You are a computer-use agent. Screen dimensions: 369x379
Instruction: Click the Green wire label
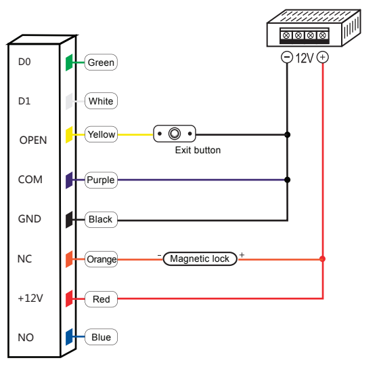[101, 62]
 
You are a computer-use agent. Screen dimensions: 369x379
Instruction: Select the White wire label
[101, 102]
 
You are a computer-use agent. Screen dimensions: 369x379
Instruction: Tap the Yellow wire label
[101, 134]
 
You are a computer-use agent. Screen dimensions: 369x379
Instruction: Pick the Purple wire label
[100, 180]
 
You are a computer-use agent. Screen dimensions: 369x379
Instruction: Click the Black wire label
[100, 220]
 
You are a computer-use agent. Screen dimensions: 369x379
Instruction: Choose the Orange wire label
[101, 259]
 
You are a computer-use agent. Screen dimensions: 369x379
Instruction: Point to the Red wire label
[100, 298]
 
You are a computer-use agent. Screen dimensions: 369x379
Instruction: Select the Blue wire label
[100, 337]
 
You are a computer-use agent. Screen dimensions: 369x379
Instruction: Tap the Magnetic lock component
[200, 259]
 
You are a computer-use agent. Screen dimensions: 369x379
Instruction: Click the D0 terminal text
[25, 62]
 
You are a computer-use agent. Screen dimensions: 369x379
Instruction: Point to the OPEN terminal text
[33, 140]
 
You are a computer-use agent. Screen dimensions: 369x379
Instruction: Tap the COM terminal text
[30, 180]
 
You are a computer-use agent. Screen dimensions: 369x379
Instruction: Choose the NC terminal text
[25, 258]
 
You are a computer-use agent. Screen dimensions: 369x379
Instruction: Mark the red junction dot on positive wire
[322, 259]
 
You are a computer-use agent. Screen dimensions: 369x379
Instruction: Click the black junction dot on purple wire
[288, 180]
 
